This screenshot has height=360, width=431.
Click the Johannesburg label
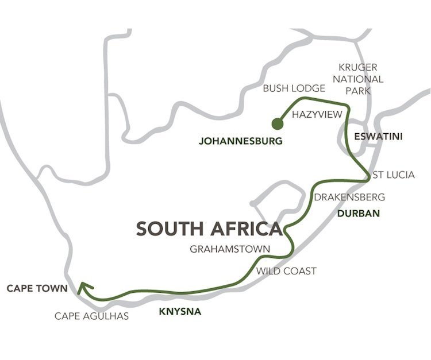click(x=241, y=141)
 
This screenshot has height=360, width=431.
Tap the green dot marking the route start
click(x=278, y=123)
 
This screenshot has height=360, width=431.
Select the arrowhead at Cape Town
click(x=85, y=287)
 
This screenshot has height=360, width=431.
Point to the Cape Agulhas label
click(x=92, y=316)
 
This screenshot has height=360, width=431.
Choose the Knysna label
click(x=180, y=313)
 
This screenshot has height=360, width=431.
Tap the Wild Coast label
click(x=286, y=270)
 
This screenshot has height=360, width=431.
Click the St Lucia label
click(x=394, y=175)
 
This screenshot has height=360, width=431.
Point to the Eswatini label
click(x=369, y=137)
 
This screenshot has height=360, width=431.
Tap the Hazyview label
click(x=317, y=115)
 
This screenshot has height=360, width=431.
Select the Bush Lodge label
click(x=294, y=88)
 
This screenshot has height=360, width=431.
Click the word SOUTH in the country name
click(x=170, y=229)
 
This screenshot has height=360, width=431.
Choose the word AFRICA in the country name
click(x=247, y=229)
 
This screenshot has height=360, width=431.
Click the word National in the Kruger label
click(x=360, y=79)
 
